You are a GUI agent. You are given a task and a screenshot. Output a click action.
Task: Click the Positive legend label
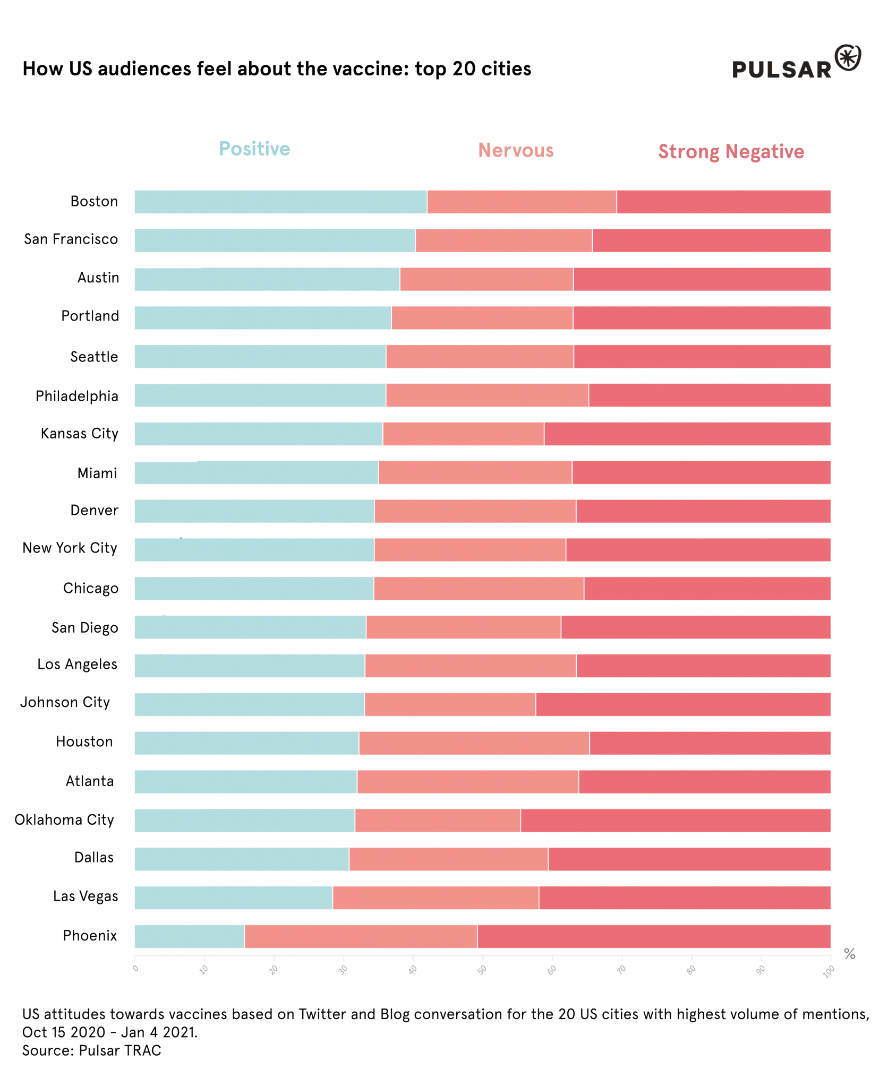pos(254,149)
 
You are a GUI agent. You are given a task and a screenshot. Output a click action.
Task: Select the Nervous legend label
pos(516,151)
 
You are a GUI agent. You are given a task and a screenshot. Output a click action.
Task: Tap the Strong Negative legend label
pos(731,152)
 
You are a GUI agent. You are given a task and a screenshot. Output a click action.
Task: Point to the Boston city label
pos(94,202)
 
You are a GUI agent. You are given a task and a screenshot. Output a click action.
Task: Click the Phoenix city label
pos(90,936)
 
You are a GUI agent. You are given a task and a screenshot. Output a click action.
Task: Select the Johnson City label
pos(65,703)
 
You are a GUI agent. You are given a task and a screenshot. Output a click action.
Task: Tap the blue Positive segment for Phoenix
pos(189,936)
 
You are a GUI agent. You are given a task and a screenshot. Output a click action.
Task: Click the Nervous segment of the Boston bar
pos(522,202)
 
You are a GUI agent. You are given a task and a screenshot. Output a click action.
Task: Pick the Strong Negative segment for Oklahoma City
pos(675,821)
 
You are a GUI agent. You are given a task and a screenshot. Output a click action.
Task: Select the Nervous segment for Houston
pos(474,743)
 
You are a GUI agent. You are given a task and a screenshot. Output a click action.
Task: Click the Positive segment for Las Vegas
pos(233,898)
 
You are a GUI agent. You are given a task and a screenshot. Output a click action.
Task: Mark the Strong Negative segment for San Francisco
pos(711,240)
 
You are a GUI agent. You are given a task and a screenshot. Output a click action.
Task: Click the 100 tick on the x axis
pos(829,971)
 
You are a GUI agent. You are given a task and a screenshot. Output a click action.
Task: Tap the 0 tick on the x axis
pos(135,969)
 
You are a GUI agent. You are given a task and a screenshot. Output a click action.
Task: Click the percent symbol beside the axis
pos(849,954)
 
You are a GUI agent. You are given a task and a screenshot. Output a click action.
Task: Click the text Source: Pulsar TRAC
pos(91,1050)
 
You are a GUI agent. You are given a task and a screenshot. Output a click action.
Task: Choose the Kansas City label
pos(80,434)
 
